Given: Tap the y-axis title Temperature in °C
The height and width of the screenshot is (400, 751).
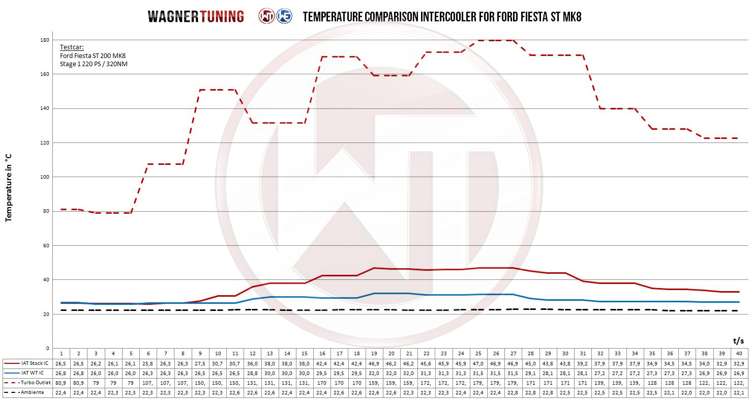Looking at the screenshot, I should coord(8,188).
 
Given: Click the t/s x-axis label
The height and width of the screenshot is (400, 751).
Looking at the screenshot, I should coord(738,340).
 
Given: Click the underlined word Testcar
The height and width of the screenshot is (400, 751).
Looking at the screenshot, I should coord(72,47).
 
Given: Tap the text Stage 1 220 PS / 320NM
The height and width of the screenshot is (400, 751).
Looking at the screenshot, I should coord(94,64).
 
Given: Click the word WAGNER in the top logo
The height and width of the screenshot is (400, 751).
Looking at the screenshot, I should coord(174,16).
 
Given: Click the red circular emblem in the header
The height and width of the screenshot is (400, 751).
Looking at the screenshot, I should coord(266,16).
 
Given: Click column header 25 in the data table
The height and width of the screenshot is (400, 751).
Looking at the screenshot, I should coord(478,354).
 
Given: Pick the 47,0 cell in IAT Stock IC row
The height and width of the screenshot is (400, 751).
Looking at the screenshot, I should coord(478,363).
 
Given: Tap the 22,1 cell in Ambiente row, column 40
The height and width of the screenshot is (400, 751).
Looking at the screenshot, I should coord(738,392).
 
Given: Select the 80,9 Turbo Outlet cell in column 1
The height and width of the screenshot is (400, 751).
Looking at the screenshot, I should coord(61,383).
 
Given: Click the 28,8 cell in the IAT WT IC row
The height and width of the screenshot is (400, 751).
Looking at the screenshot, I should coord(252,373).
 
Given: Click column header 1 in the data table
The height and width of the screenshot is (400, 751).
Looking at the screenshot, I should coord(61,354).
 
